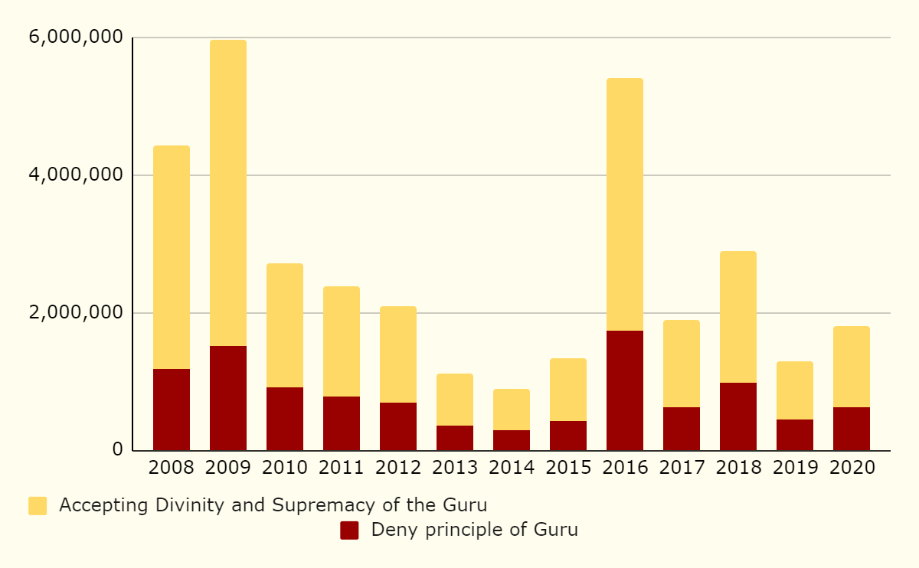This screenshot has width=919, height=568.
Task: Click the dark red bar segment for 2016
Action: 624,390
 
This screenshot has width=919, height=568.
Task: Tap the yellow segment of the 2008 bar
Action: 171,257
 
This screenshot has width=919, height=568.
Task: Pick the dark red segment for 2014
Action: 511,440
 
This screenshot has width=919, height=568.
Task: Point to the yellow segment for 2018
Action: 737,317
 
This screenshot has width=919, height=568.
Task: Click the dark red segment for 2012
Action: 397,426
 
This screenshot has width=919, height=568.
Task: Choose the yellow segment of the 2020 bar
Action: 851,367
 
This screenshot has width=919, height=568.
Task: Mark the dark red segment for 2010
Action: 284,419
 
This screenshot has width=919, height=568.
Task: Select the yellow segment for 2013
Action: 454,400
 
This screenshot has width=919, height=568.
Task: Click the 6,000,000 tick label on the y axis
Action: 75,38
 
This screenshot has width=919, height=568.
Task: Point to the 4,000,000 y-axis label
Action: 75,175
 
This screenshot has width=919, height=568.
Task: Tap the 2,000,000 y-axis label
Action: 75,313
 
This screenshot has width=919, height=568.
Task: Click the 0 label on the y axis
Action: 117,450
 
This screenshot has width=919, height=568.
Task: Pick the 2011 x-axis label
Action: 341,468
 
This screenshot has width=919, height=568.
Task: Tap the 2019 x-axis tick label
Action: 794,468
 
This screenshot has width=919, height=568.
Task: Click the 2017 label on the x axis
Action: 681,468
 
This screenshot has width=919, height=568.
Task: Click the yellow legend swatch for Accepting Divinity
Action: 38,506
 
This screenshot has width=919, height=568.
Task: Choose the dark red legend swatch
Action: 349,530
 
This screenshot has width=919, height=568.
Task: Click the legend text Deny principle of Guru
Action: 474,530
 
